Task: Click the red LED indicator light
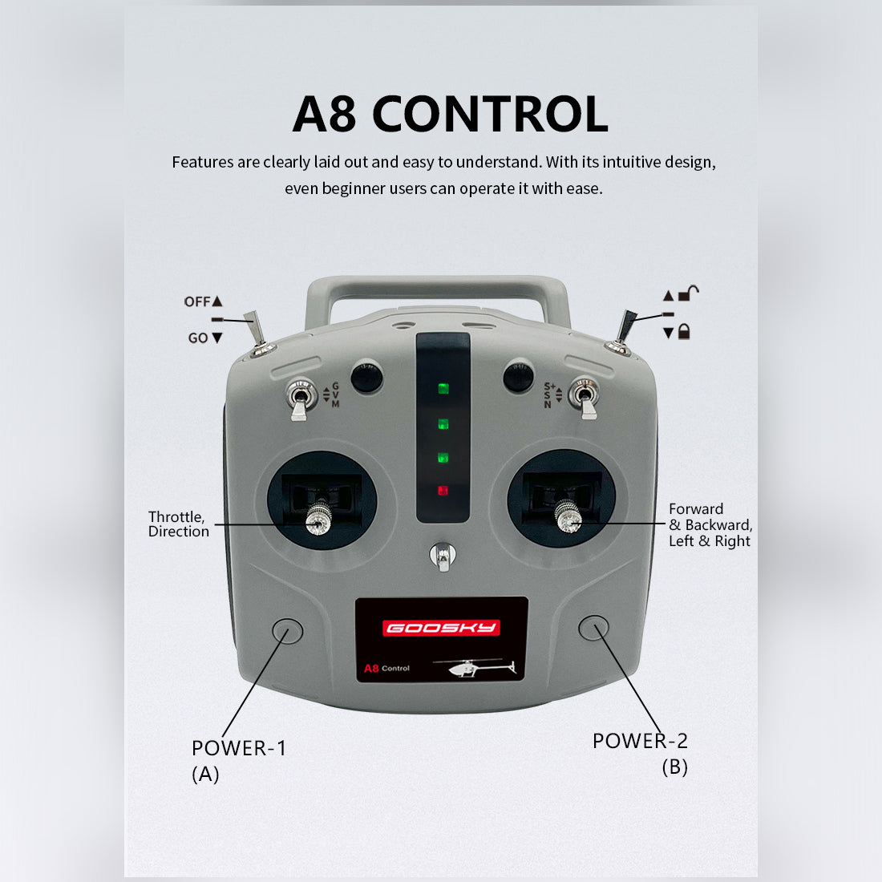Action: [x=443, y=491]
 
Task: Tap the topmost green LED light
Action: [x=443, y=389]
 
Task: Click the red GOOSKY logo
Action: [x=442, y=628]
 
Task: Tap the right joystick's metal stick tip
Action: [x=568, y=517]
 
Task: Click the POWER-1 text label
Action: [x=239, y=748]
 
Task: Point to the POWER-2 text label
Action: [x=640, y=741]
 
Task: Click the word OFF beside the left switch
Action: [x=197, y=301]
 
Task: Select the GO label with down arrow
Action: [x=205, y=338]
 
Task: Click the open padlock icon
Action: [x=689, y=293]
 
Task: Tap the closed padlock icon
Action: [x=684, y=331]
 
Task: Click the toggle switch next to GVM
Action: [x=300, y=399]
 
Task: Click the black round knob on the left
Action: [x=366, y=377]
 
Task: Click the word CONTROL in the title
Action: [x=490, y=114]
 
